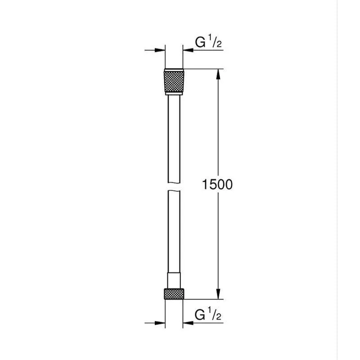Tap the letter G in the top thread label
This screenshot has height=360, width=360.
click(200, 42)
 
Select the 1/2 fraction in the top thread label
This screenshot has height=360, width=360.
click(215, 42)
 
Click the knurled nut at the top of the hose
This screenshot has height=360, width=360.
click(174, 81)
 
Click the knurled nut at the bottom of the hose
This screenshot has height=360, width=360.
click(174, 292)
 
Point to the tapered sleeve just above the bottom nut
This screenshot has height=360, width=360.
click(174, 279)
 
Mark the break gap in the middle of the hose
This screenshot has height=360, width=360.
click(174, 186)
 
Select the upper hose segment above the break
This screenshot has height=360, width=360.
click(174, 139)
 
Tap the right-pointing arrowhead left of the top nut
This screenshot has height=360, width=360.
click(160, 50)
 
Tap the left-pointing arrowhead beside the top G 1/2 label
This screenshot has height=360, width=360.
click(188, 50)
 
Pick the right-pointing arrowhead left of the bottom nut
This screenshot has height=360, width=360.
click(160, 322)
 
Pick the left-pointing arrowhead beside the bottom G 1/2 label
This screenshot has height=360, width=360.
click(188, 322)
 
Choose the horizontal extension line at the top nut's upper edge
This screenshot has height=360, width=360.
click(202, 69)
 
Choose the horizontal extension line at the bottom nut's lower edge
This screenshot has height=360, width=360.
click(202, 299)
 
